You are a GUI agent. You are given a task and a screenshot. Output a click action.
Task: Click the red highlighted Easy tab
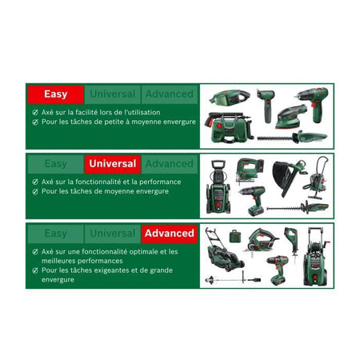[x=56, y=94]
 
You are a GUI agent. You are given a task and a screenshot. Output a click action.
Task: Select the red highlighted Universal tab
[x=113, y=163]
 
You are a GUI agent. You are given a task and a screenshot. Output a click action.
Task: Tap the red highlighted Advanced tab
[x=169, y=234]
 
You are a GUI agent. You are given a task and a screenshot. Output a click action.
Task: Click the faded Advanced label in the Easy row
[x=169, y=94]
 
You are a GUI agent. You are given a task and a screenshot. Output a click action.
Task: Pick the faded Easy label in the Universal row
[x=56, y=163]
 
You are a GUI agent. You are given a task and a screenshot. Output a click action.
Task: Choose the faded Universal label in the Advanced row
[x=113, y=234]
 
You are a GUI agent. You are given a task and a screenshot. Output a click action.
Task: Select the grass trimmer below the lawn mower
[x=232, y=280]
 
